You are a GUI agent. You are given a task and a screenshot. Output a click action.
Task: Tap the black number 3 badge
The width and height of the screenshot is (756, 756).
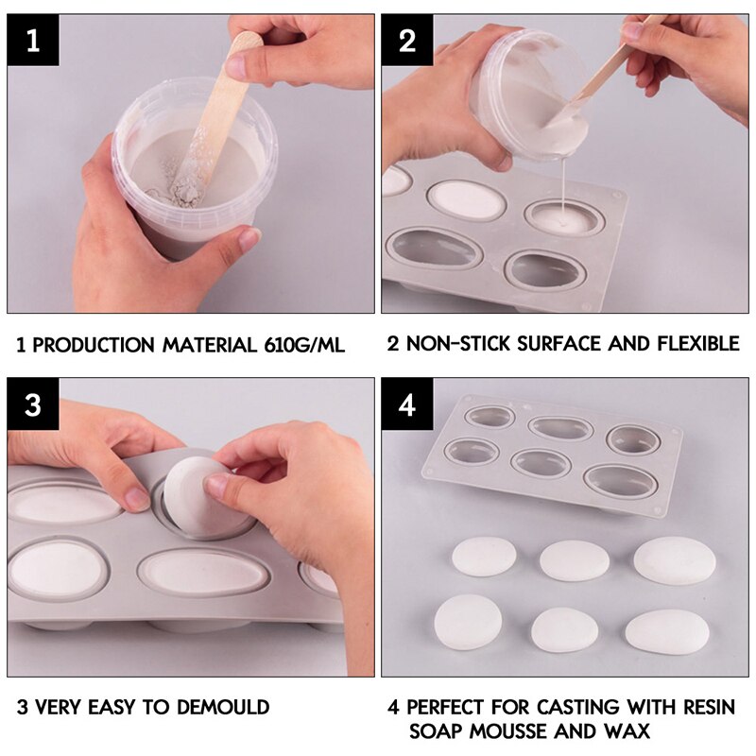tap(34, 405)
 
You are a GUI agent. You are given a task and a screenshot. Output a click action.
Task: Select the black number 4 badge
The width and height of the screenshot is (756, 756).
tap(407, 405)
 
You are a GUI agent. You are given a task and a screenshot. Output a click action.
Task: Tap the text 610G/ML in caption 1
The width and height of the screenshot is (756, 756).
tap(298, 344)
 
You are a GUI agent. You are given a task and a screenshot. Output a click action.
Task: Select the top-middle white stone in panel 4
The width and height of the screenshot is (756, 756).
tap(575, 560)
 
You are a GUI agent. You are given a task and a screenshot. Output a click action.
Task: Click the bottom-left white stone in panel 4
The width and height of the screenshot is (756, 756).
tap(468, 621)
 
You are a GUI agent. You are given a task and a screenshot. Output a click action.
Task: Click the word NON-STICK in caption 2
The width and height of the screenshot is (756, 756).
tap(458, 343)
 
